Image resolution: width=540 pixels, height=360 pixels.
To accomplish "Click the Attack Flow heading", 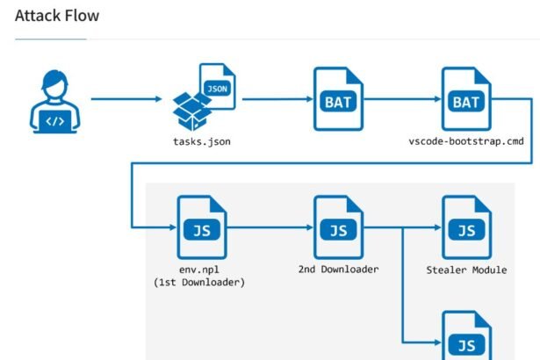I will click(57, 16).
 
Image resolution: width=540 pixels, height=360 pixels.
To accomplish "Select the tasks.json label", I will click(203, 141).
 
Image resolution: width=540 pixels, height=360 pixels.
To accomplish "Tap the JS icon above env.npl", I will click(201, 227).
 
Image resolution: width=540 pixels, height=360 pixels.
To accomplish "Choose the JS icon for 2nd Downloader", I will click(338, 227).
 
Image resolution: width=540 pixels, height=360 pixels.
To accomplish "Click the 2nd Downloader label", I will click(338, 268).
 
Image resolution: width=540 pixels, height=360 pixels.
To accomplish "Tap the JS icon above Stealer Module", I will click(465, 227).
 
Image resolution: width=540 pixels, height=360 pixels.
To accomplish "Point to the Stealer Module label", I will click(465, 269).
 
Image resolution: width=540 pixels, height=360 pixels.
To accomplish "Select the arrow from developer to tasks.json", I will click(126, 98).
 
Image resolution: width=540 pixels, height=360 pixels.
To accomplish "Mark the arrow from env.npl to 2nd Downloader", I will click(270, 227).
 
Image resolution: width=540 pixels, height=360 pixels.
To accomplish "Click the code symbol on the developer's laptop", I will click(54, 121).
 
